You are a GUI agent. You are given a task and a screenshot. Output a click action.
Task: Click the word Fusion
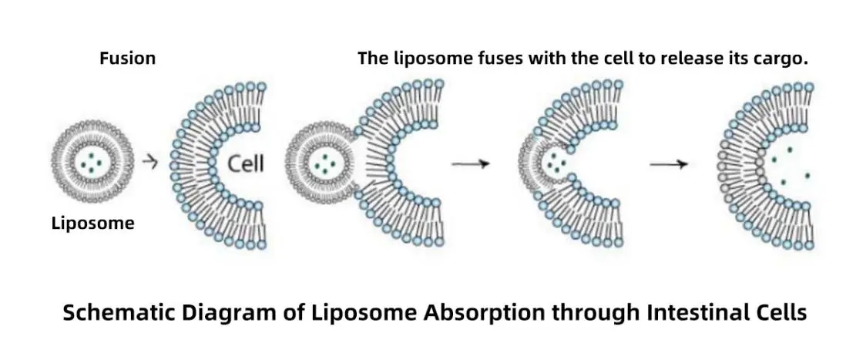127,59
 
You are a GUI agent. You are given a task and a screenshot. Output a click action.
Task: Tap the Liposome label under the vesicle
92,224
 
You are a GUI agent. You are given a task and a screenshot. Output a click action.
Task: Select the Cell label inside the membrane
246,163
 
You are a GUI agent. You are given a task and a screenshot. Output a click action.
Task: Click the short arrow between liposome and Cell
151,163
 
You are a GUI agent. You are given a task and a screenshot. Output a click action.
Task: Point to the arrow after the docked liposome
470,163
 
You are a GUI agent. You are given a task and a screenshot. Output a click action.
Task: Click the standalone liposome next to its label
92,163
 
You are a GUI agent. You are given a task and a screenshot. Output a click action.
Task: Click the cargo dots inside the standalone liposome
92,163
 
